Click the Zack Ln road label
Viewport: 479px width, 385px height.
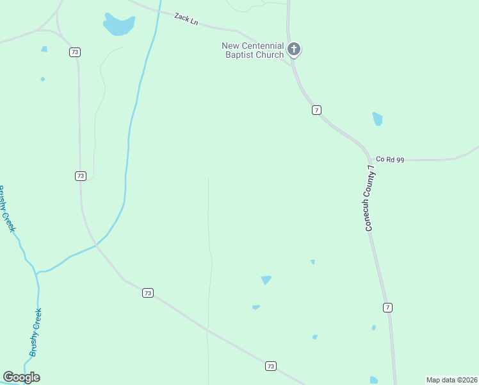point(186,19)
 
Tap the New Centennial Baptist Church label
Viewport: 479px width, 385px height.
point(252,50)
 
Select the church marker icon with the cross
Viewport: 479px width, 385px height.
point(294,49)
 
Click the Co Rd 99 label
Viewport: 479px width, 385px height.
point(390,159)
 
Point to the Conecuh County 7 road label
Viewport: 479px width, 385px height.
point(369,198)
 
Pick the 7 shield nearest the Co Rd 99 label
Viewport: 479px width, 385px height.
point(316,110)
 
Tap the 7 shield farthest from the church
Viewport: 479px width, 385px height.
point(387,307)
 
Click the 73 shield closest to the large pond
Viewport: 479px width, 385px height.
point(75,52)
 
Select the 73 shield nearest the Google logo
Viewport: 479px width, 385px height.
point(148,293)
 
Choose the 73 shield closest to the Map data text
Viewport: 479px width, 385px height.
point(270,366)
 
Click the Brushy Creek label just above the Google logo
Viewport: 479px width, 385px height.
point(36,332)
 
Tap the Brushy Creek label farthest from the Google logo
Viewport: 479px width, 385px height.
point(8,209)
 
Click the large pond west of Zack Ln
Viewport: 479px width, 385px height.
point(119,25)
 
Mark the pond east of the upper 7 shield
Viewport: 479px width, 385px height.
point(377,119)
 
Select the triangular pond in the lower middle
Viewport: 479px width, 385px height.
point(266,280)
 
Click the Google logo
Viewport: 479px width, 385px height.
point(22,377)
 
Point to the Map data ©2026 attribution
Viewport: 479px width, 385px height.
point(451,380)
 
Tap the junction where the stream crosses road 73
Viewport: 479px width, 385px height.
point(96,244)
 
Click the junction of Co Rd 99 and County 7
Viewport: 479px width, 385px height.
point(370,158)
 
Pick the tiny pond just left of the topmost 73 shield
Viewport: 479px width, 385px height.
point(44,49)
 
